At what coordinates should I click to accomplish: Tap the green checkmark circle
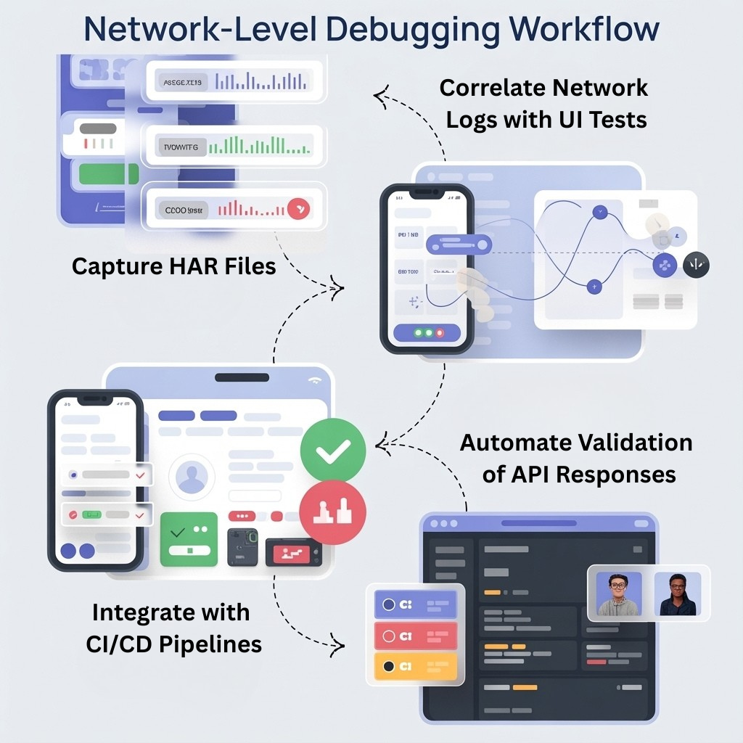click(333, 449)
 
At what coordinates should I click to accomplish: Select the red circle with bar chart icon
click(333, 512)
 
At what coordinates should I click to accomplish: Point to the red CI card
click(415, 636)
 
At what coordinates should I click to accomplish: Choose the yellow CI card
click(415, 666)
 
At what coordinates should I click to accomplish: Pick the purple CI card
click(415, 604)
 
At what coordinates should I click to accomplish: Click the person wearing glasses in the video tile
click(619, 594)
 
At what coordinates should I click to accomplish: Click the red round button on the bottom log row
click(299, 209)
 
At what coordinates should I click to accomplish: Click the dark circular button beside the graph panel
click(696, 265)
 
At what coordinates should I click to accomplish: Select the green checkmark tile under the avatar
click(189, 538)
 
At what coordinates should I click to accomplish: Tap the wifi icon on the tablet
click(314, 379)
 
